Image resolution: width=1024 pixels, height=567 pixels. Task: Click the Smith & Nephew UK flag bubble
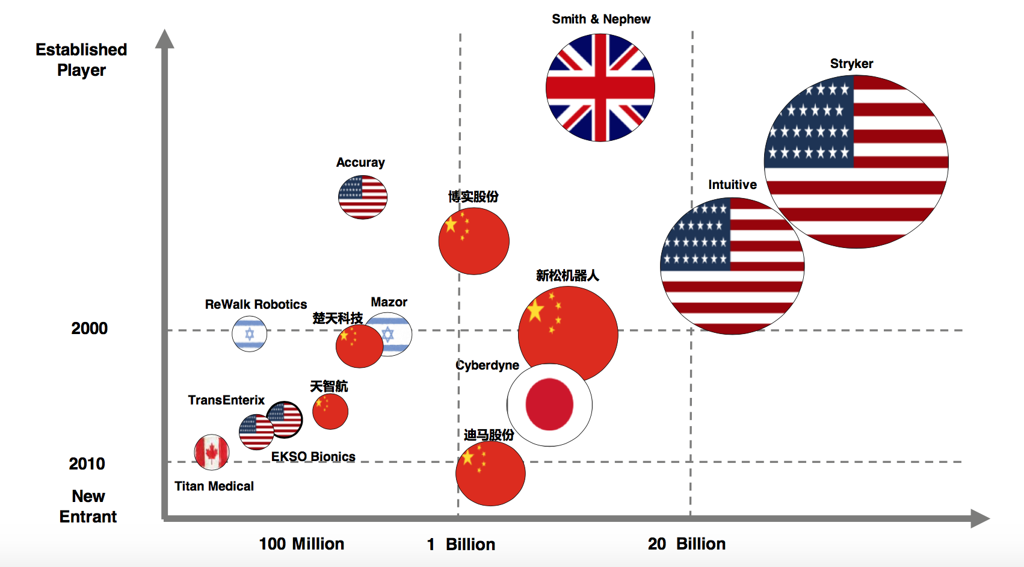pos(600,88)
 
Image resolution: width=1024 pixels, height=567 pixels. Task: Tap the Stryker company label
pos(851,64)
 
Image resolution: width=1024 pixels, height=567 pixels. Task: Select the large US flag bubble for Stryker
pos(856,161)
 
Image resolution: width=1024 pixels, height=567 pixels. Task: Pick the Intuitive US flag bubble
pos(732,265)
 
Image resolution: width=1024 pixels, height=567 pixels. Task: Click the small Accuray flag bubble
pos(363,197)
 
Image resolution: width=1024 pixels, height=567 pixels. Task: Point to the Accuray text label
pos(360,163)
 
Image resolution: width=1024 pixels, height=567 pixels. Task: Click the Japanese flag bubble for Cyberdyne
pos(549,404)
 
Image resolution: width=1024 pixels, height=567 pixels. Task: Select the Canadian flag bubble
pos(212,452)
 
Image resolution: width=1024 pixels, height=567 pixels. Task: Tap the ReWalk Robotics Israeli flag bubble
pos(250,333)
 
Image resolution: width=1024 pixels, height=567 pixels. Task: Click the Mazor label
pos(389,302)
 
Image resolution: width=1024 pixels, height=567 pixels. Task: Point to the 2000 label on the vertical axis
pos(90,329)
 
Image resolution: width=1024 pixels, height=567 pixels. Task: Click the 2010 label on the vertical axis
pos(87,464)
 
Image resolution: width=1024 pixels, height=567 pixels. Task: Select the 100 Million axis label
pos(301,544)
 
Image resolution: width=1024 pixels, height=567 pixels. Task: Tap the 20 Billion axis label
pos(686,544)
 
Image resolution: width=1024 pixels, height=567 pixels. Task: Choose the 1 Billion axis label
pos(461,545)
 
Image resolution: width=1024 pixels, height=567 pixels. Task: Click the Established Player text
pos(81,60)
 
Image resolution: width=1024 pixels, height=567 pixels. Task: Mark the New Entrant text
pos(88,506)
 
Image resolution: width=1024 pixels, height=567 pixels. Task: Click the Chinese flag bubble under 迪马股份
pos(490,474)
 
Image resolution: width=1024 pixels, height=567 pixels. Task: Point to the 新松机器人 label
pos(567,276)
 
